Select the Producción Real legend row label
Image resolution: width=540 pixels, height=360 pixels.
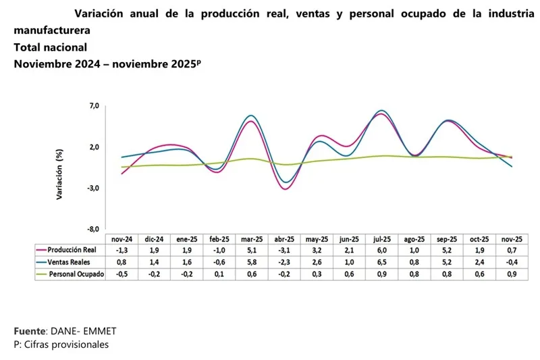tap(74, 250)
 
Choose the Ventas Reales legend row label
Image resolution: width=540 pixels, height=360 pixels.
tap(70, 261)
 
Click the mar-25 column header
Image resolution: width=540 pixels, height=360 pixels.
tap(252, 239)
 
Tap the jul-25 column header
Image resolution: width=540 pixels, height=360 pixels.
tap(381, 239)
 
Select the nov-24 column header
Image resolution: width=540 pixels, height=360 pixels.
tap(122, 239)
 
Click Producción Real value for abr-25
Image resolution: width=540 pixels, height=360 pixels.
tap(284, 250)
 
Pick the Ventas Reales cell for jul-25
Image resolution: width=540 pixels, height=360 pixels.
tap(381, 261)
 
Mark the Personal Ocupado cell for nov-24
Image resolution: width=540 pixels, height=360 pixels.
tap(122, 273)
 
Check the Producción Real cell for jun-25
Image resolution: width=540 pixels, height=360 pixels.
tap(349, 250)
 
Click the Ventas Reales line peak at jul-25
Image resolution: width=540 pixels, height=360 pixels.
tap(382, 110)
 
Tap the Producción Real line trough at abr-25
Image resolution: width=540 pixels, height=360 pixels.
tap(285, 189)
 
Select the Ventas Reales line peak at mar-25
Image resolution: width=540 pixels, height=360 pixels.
tap(252, 115)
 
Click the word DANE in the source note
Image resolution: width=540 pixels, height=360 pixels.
tap(64, 332)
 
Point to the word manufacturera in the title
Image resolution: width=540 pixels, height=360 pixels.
tap(51, 31)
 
